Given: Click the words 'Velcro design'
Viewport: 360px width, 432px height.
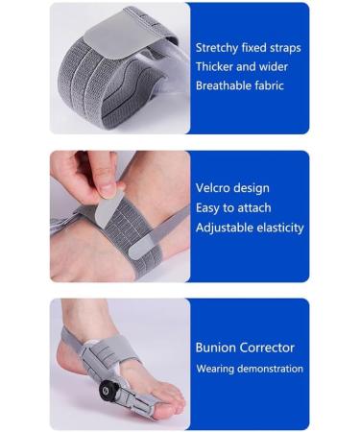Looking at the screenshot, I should (232, 188).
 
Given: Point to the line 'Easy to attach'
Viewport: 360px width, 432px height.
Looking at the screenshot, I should (232, 207).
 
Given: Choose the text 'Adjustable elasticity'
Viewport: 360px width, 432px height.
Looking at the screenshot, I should (250, 228).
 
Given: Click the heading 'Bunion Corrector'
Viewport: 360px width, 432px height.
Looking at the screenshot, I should (245, 348).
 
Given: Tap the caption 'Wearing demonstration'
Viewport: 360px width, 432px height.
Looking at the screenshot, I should (250, 369).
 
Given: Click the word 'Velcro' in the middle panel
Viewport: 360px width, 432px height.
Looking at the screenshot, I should (214, 188).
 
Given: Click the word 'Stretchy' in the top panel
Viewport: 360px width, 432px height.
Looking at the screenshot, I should (218, 47).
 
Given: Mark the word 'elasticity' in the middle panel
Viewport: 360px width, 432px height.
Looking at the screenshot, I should (278, 228).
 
